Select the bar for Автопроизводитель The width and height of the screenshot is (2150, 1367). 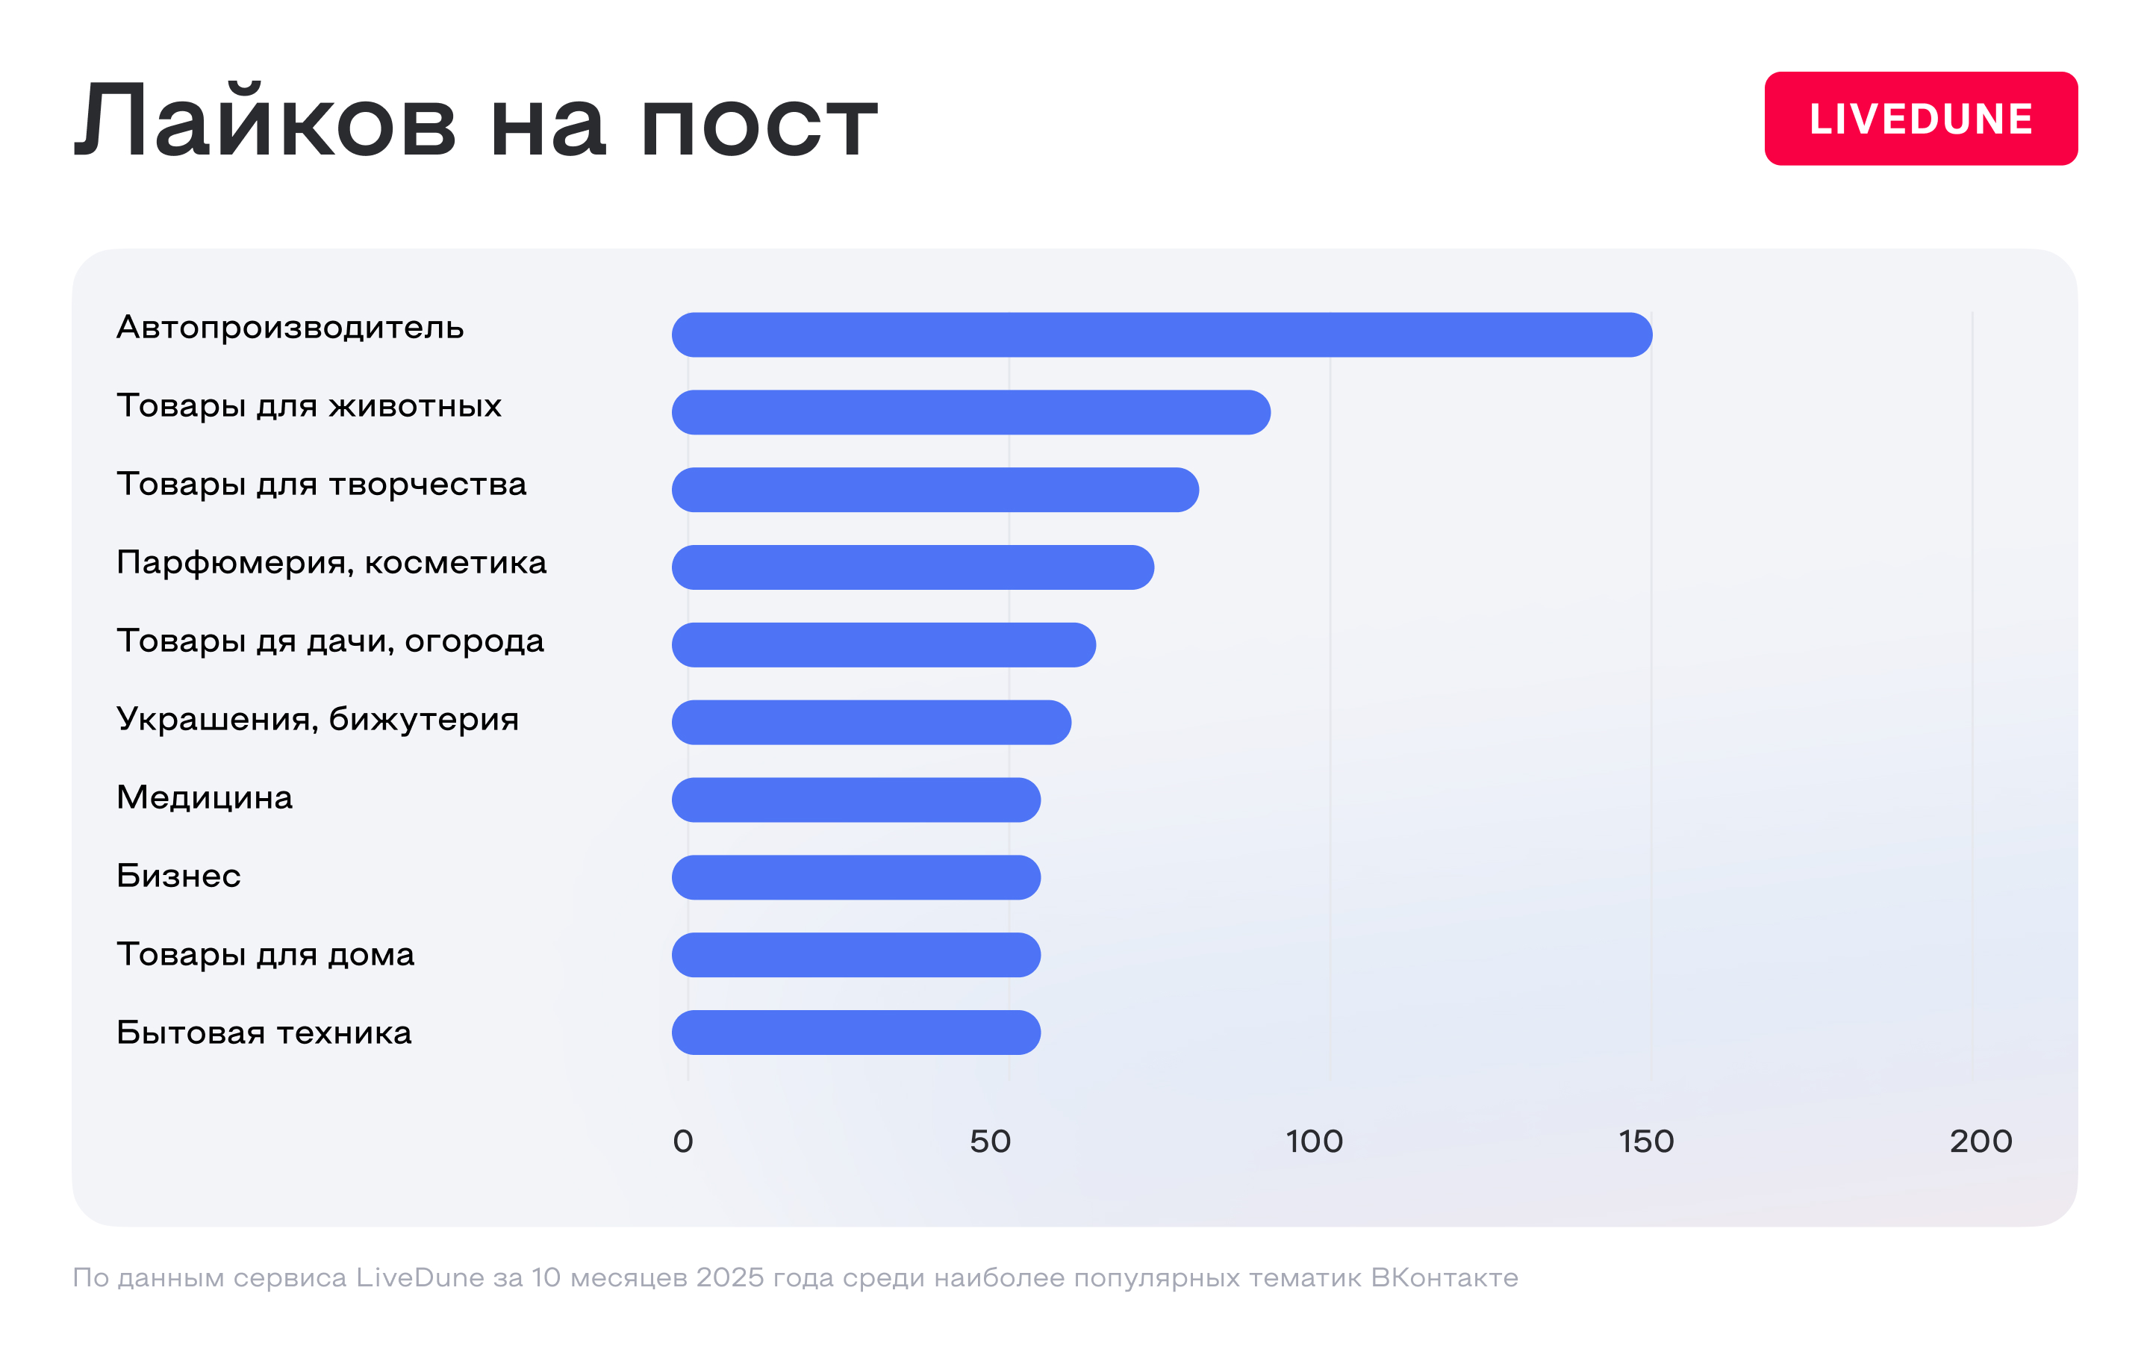click(x=1161, y=334)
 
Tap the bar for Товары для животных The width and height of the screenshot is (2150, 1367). click(x=970, y=413)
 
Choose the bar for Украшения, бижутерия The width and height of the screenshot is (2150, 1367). click(x=870, y=723)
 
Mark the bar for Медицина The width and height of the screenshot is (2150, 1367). click(x=856, y=800)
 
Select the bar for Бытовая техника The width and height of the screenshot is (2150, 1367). click(x=856, y=1033)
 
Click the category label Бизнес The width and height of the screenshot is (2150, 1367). click(x=178, y=876)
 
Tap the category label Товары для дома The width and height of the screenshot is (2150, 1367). click(x=265, y=954)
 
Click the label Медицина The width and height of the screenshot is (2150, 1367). click(x=205, y=797)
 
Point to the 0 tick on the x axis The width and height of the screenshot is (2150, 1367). click(x=683, y=1141)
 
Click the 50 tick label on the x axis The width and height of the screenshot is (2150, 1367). click(x=990, y=1141)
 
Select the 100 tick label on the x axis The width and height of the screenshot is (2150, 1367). click(x=1315, y=1141)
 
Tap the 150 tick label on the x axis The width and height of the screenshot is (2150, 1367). click(x=1646, y=1141)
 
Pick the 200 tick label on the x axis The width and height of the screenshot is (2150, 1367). click(x=1981, y=1141)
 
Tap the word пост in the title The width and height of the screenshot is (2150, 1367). click(x=759, y=125)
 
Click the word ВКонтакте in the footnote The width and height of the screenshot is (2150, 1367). click(x=1444, y=1277)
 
